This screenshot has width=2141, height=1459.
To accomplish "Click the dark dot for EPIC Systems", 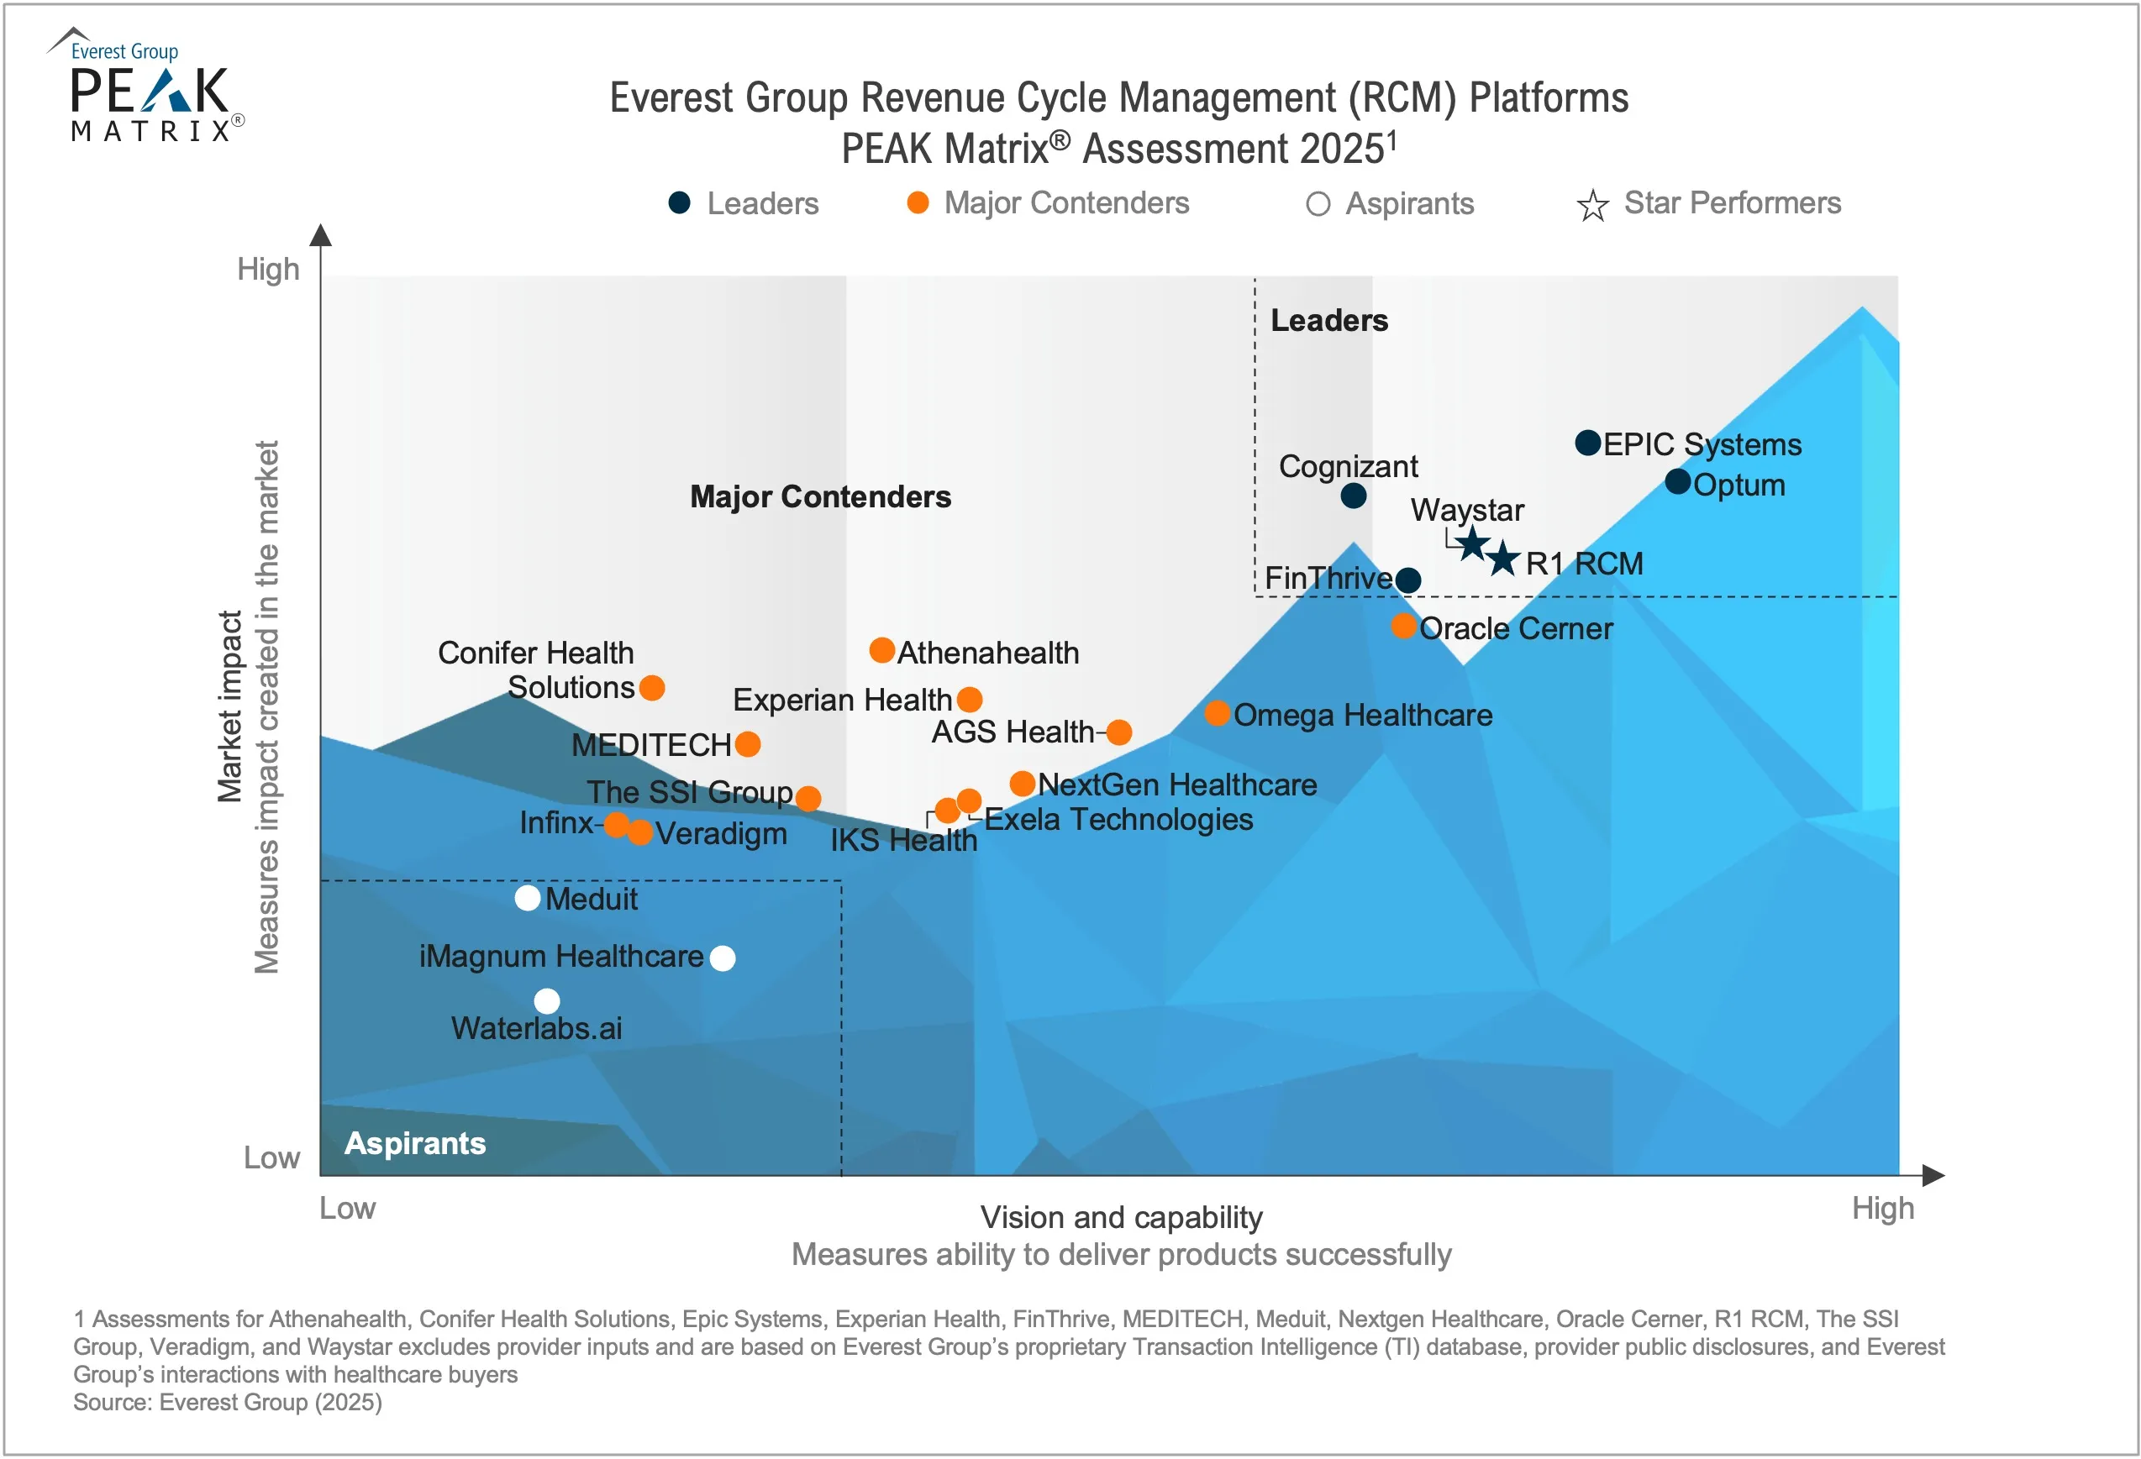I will pos(1587,443).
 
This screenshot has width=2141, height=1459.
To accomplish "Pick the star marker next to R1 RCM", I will pos(1502,559).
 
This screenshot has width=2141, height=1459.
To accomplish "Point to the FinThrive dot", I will pos(1407,580).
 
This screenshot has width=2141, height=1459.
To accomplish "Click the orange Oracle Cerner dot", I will pos(1403,627).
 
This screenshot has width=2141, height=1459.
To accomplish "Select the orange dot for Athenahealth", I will pos(881,650).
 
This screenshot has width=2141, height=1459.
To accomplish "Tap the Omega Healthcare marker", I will pos(1217,713).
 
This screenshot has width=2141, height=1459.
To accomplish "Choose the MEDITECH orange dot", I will pos(748,743).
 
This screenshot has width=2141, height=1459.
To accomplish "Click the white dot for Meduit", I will pos(527,898).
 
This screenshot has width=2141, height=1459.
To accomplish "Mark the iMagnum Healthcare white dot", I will pos(723,958).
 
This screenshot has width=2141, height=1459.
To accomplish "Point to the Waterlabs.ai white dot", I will pos(547,1000).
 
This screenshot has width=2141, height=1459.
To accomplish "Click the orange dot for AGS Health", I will pos(1119,732).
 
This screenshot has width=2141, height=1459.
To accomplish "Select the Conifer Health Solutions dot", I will pos(651,687).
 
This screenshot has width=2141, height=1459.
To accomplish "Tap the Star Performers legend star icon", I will pos(1592,204).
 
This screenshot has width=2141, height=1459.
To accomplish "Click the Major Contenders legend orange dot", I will pos(918,202).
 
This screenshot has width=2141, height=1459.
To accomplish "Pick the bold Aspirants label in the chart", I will pos(414,1143).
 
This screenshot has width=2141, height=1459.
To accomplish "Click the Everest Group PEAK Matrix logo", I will pos(147,85).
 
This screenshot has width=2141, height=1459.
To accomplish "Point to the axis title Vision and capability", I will pos(1120,1217).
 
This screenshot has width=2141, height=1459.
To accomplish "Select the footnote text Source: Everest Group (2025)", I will pos(228,1402).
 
